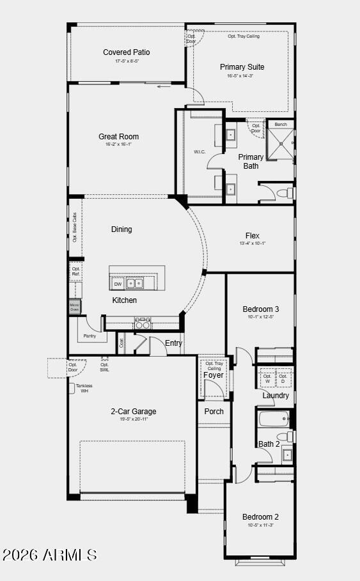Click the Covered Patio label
[127, 52]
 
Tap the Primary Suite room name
[242, 67]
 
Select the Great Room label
[118, 137]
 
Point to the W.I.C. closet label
[199, 152]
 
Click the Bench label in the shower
[280, 124]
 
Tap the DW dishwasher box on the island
[118, 283]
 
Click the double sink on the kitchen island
[135, 283]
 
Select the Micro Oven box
[75, 307]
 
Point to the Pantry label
[90, 336]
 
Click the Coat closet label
[121, 343]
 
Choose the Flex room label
[252, 236]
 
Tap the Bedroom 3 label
[260, 309]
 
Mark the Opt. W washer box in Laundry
[267, 378]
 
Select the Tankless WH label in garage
[83, 388]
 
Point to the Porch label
[214, 411]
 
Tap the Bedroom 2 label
[260, 517]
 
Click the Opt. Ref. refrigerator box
[76, 272]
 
